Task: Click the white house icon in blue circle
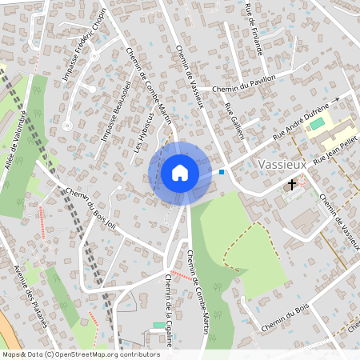(x=180, y=173)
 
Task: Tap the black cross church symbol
(x=292, y=184)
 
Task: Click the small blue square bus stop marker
(x=222, y=171)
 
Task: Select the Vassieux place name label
(x=284, y=164)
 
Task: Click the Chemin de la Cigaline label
(x=170, y=313)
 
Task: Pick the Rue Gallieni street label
(x=234, y=120)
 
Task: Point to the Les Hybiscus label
(x=142, y=131)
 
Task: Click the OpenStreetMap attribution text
(x=81, y=354)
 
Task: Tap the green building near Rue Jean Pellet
(x=317, y=124)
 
